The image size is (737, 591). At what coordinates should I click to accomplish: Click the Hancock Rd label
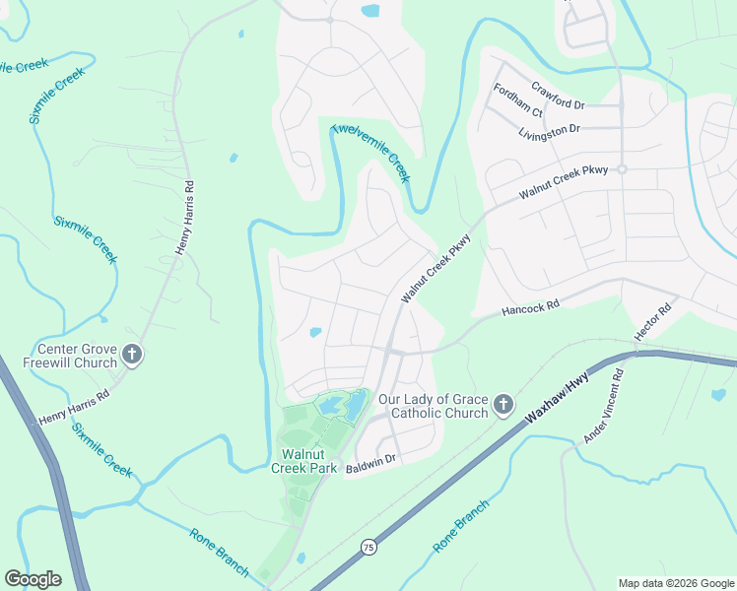[530, 306]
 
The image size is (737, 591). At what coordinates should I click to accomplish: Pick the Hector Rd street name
[653, 322]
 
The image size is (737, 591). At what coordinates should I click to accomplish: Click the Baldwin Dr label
[370, 459]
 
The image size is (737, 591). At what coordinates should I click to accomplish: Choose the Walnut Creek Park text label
[310, 461]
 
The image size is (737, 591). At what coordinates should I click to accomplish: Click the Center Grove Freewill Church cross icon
[133, 356]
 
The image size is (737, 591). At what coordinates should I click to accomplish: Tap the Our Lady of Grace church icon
[503, 405]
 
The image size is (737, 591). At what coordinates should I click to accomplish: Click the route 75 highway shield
[368, 546]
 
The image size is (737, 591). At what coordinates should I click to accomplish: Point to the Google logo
[33, 579]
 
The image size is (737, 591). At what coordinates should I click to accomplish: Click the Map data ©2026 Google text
[675, 583]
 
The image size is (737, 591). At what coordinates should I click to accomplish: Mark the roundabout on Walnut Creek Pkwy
[622, 169]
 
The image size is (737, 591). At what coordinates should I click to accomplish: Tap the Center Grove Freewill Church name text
[77, 356]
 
